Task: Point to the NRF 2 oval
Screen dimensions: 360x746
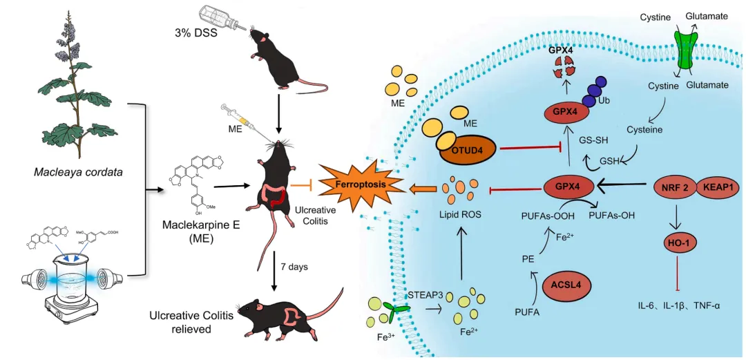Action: click(673, 187)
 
